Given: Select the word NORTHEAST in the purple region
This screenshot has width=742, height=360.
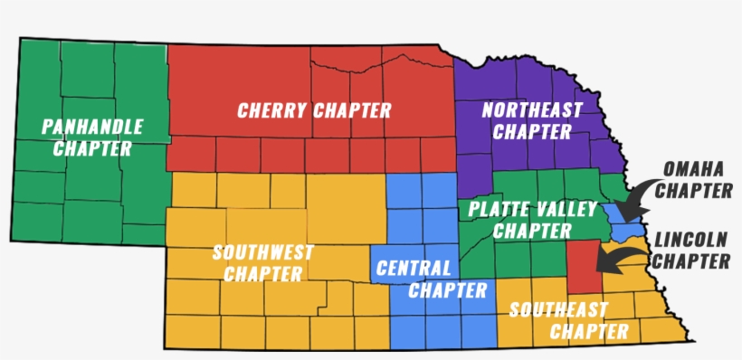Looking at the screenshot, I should tap(532, 110).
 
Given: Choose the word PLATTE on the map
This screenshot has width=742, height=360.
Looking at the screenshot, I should tap(495, 210).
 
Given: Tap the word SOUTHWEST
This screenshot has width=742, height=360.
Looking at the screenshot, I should tap(263, 251).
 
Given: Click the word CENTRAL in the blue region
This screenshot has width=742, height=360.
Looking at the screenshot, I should tap(413, 269).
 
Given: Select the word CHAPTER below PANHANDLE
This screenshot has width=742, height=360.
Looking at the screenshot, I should tap(91, 148).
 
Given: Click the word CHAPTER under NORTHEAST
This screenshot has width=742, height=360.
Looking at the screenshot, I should tap(533, 132).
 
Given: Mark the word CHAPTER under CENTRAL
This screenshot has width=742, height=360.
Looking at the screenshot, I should tap(447, 290).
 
